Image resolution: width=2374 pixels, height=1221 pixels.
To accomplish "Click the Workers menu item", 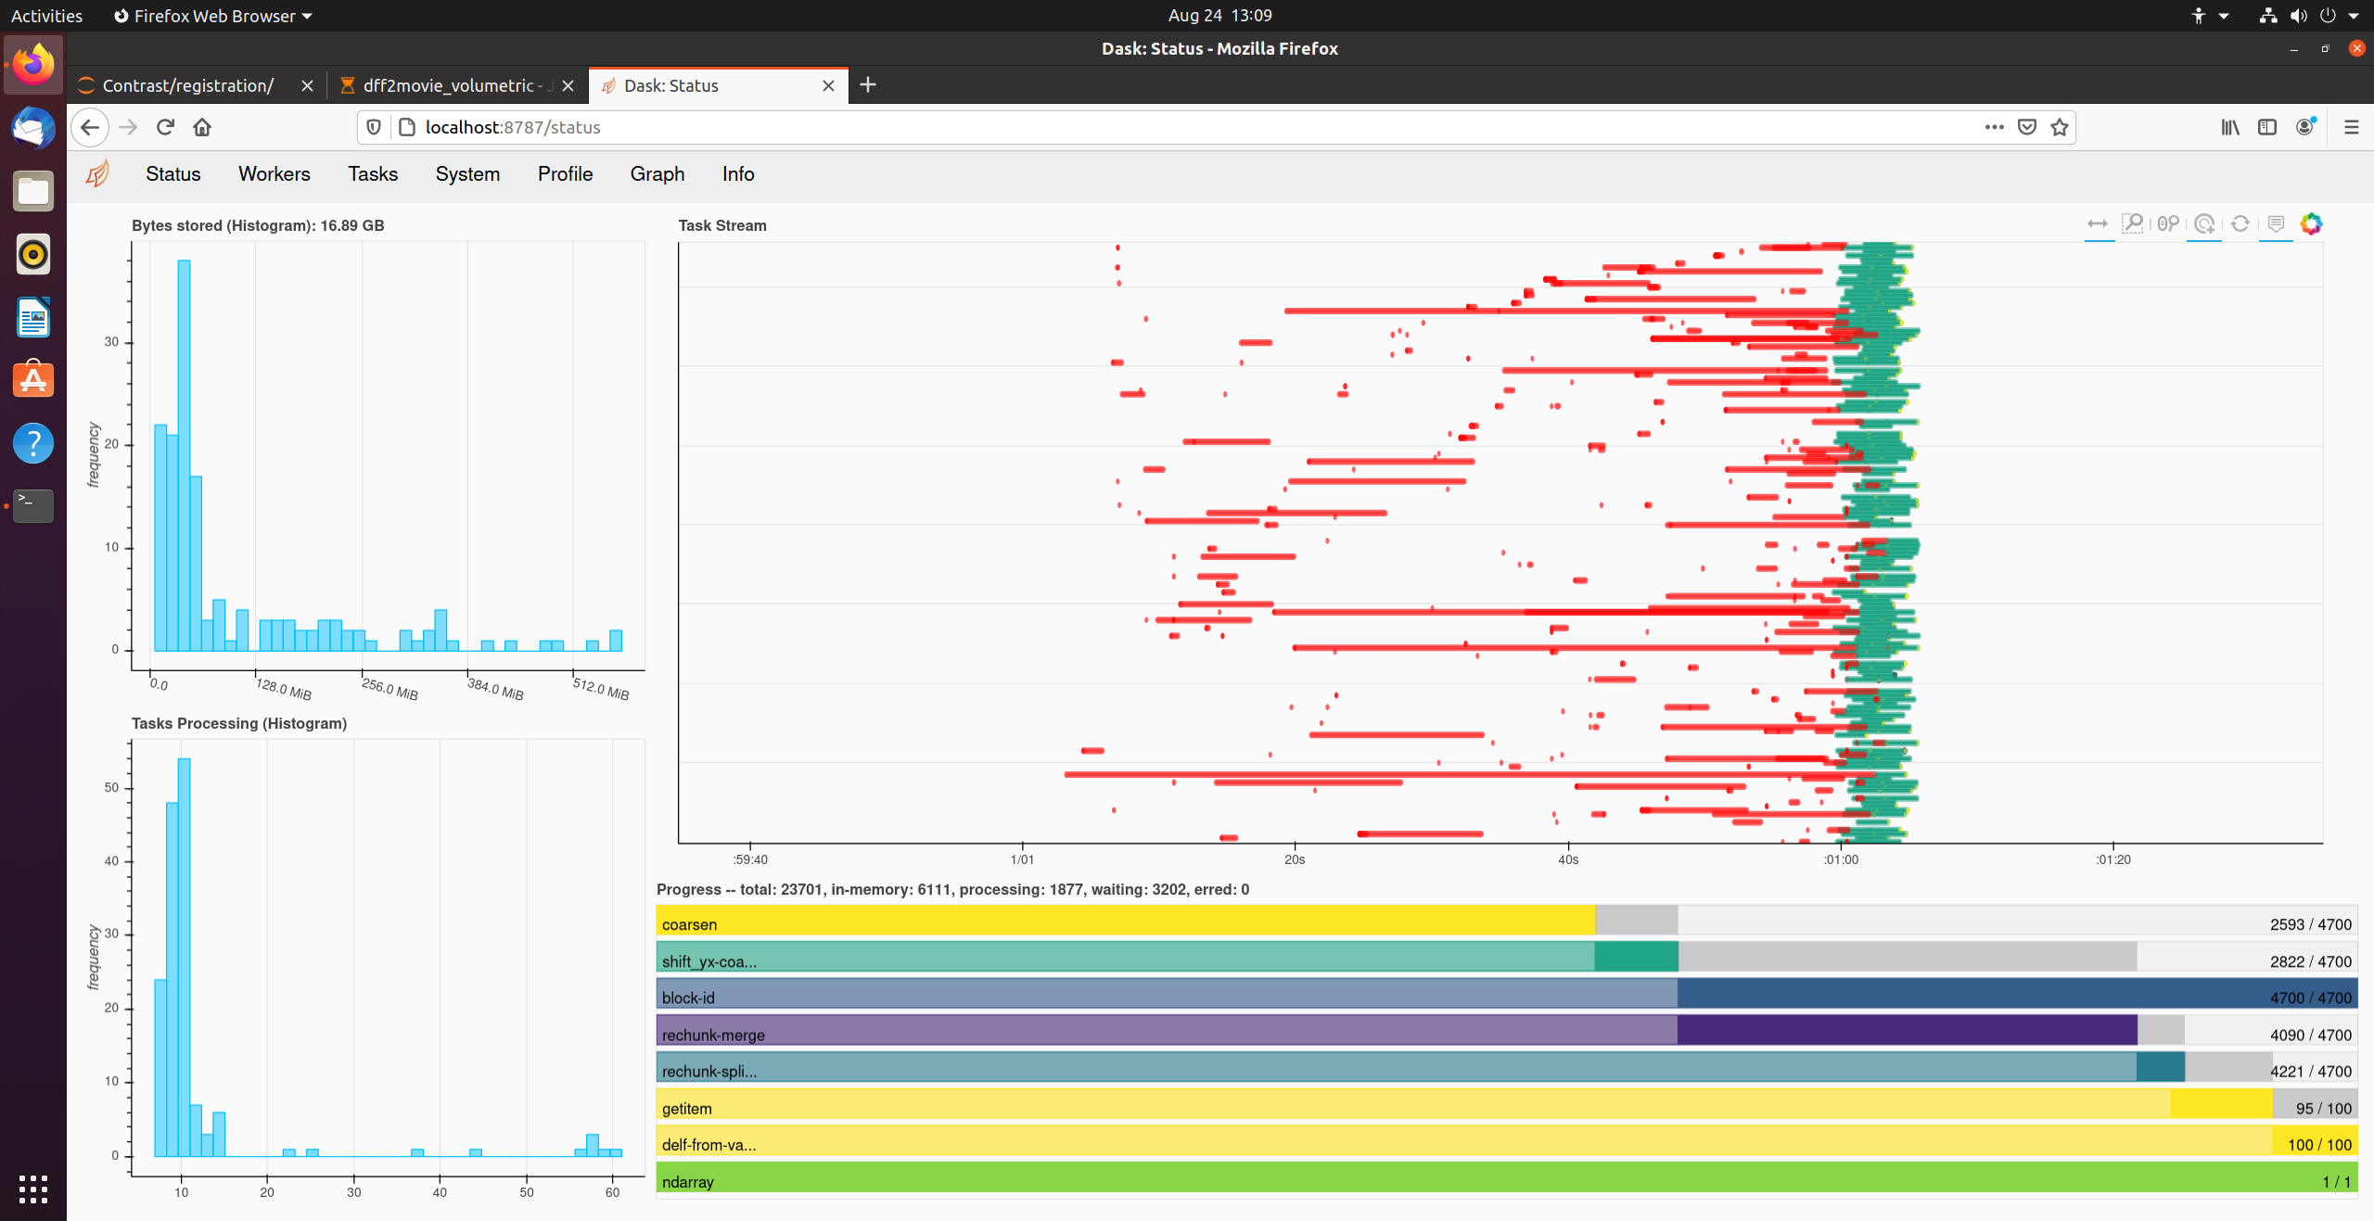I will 274,174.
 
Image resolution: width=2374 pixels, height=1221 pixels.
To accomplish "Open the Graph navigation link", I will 657,174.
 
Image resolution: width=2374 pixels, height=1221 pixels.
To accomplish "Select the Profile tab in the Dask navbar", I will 565,174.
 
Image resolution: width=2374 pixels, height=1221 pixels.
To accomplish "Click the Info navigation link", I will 738,174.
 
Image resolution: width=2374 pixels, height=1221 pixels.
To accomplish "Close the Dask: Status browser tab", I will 828,86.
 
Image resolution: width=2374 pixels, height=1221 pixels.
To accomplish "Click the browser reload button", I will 165,127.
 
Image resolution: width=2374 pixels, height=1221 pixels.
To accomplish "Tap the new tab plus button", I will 868,85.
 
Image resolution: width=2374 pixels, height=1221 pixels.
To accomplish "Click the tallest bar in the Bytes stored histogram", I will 184,454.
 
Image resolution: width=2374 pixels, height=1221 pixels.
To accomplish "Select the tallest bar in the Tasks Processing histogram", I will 184,955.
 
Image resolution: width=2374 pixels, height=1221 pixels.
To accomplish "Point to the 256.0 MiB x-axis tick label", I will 389,689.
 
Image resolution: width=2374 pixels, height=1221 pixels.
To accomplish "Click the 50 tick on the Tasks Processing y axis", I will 111,788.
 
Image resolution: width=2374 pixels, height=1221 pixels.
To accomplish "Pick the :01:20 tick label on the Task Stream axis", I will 2112,859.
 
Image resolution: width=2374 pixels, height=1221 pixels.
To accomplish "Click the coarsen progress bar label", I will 689,924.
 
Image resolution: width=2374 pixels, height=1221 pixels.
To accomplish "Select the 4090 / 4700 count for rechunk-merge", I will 2310,1035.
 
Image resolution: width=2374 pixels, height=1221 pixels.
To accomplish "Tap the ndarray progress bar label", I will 687,1182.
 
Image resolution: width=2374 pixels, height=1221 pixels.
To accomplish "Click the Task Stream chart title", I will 721,225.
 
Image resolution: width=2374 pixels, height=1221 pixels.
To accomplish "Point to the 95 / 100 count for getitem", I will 2323,1109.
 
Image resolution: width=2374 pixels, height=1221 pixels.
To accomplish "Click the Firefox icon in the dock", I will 33,65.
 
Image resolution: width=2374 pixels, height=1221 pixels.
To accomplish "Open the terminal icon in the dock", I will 33,506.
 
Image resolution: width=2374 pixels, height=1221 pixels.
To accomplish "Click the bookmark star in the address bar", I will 2060,127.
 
